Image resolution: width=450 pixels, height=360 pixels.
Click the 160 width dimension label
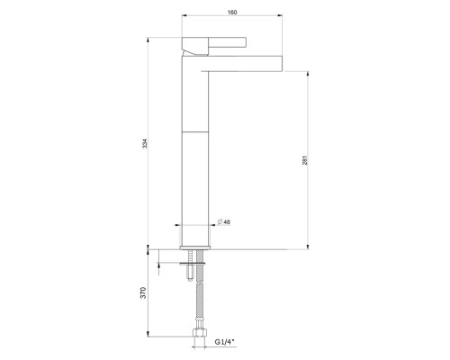(233, 13)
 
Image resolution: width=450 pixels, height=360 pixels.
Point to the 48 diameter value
(228, 221)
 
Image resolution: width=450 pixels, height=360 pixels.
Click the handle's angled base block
(193, 47)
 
